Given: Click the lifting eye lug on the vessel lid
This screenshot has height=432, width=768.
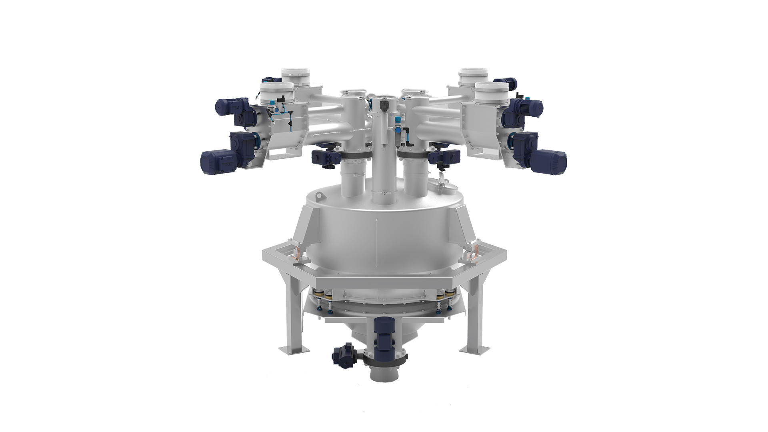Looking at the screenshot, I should (x=319, y=196).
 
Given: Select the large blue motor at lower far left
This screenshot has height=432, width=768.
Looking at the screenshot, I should (x=218, y=163).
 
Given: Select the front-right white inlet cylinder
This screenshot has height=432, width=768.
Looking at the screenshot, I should (x=492, y=88).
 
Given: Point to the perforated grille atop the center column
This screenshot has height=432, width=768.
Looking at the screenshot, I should (x=383, y=97).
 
